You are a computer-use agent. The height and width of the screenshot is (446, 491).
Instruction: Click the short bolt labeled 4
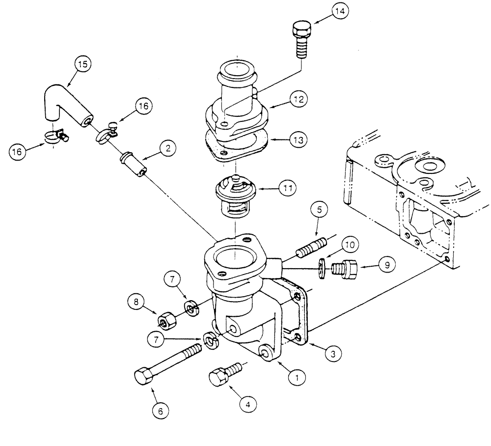tap(220, 377)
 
